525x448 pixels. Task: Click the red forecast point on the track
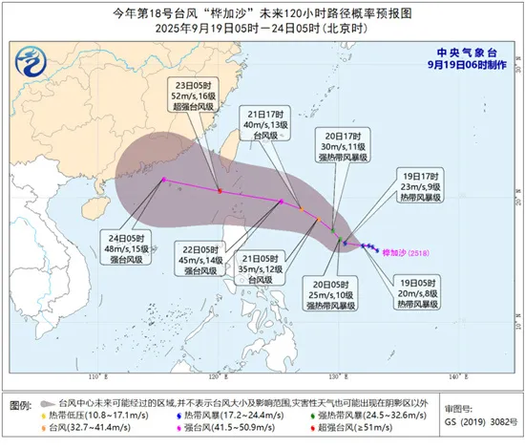(x=220, y=191)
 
